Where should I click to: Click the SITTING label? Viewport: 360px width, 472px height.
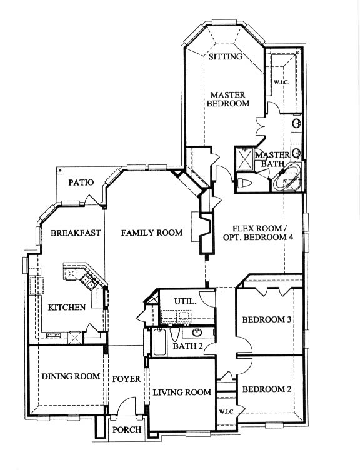click(x=226, y=57)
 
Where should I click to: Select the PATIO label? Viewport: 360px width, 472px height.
click(x=81, y=183)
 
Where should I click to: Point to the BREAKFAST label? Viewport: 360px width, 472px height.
click(x=75, y=233)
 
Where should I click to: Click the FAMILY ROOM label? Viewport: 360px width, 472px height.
click(x=152, y=233)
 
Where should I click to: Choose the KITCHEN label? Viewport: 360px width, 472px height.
click(x=67, y=308)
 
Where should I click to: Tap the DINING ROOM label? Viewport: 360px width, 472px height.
click(x=71, y=376)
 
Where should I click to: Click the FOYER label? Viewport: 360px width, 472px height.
click(x=126, y=379)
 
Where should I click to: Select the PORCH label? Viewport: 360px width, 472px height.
click(x=127, y=430)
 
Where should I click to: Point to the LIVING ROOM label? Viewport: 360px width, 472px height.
click(x=182, y=392)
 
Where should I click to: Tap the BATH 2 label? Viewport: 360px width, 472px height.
click(x=188, y=346)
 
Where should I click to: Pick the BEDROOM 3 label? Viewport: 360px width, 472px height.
click(x=267, y=319)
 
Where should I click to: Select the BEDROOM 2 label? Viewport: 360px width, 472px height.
click(x=267, y=389)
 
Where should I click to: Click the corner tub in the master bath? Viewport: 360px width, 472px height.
click(x=287, y=178)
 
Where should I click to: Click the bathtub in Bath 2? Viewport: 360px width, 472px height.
click(x=159, y=342)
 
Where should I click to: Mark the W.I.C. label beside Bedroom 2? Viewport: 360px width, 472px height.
click(x=227, y=412)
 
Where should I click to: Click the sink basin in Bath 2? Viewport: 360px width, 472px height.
click(x=197, y=333)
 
